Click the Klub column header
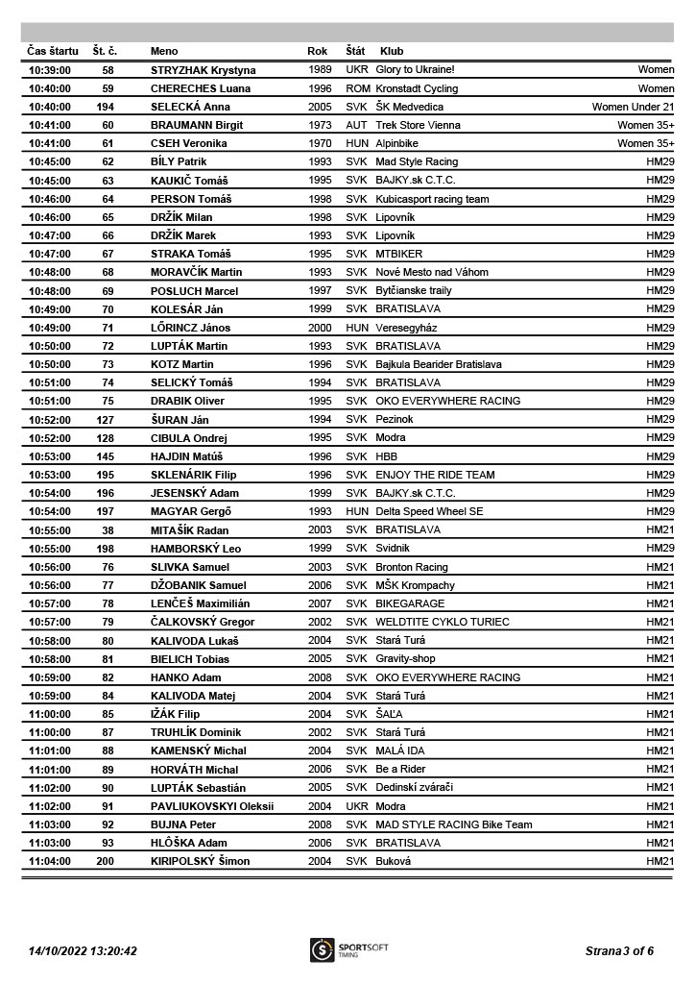[392, 51]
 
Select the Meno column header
[164, 51]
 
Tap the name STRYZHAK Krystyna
[204, 70]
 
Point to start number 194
[106, 107]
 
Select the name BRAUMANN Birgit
[197, 125]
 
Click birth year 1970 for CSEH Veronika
[321, 143]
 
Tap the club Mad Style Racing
[417, 161]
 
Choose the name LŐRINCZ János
[191, 328]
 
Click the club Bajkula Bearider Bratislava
[439, 364]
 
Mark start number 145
[106, 456]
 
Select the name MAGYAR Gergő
[191, 511]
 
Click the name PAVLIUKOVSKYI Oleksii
[212, 806]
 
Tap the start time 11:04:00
[50, 861]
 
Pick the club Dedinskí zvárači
[414, 788]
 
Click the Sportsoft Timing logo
[348, 950]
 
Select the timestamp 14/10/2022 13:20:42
[83, 951]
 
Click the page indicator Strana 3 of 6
[619, 951]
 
